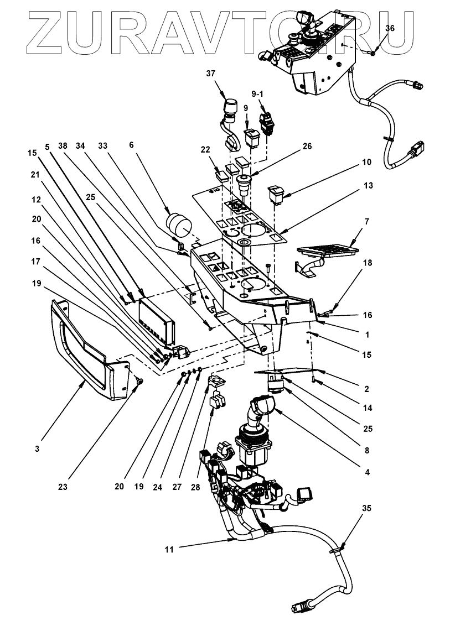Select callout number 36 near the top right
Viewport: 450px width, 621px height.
pos(390,28)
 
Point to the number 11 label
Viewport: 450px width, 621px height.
pos(170,550)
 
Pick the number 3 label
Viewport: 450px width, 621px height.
pos(37,449)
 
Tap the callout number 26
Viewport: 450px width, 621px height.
pos(307,147)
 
